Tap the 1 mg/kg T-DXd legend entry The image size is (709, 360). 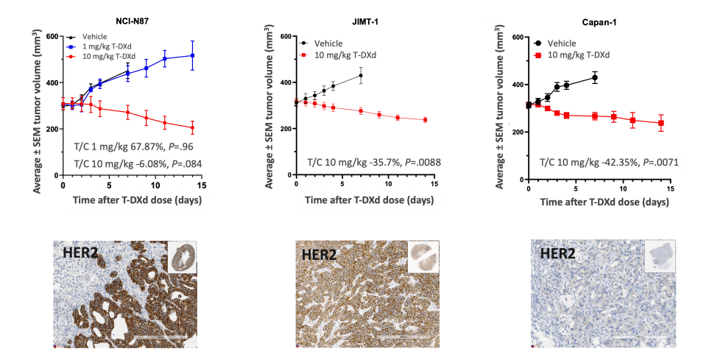coord(107,46)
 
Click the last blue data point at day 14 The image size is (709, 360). coord(192,55)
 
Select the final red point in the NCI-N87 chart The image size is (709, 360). coord(192,128)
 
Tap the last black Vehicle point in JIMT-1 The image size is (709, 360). coord(361,75)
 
